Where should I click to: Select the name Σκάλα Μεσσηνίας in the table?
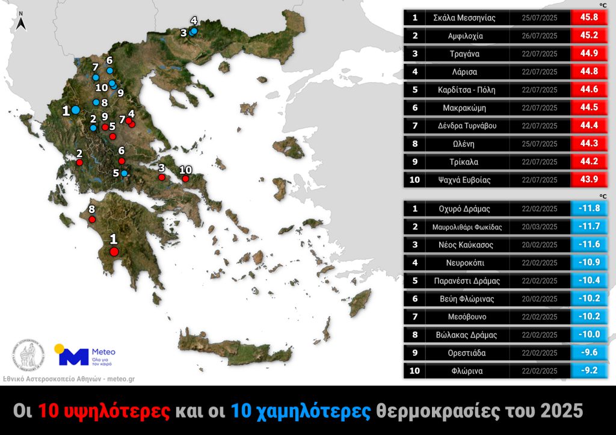click(x=464, y=18)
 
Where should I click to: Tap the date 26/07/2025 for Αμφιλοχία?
click(x=540, y=36)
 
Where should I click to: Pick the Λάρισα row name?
click(x=464, y=72)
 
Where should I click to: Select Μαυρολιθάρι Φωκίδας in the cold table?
click(x=464, y=227)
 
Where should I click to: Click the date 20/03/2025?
click(x=540, y=227)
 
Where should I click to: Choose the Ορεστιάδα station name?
click(x=464, y=353)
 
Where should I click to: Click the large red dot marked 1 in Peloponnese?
click(x=114, y=252)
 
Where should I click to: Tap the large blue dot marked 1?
click(x=76, y=110)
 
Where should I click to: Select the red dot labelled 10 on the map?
click(x=185, y=179)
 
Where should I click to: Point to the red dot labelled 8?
click(x=92, y=220)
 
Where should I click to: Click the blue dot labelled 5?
click(x=125, y=173)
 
